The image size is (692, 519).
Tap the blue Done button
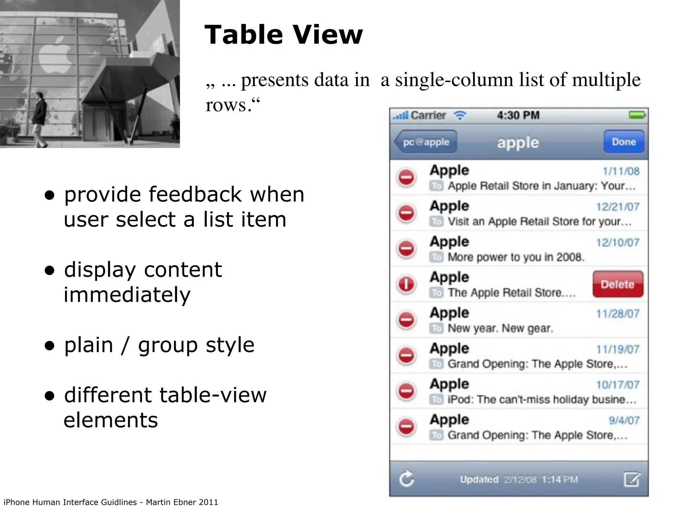click(x=623, y=142)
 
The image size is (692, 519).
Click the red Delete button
click(x=618, y=284)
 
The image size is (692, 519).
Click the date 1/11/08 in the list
click(x=621, y=171)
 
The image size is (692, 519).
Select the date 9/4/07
click(x=624, y=420)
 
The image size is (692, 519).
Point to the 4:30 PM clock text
click(x=518, y=115)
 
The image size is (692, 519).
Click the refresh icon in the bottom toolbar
click(x=406, y=479)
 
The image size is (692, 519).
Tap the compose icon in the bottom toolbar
click(x=632, y=479)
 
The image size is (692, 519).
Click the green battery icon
click(x=637, y=115)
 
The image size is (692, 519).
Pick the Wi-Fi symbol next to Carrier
click(x=460, y=116)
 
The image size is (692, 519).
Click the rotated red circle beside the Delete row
click(x=406, y=284)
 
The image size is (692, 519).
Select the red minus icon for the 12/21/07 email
click(x=406, y=213)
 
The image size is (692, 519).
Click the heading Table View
click(x=283, y=34)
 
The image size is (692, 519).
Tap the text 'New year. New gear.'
click(x=500, y=328)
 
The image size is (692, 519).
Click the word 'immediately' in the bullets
click(x=127, y=295)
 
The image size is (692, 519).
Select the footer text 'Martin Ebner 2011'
click(x=182, y=502)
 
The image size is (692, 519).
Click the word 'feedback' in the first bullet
click(x=195, y=195)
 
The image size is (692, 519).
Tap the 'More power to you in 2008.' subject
click(x=516, y=257)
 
